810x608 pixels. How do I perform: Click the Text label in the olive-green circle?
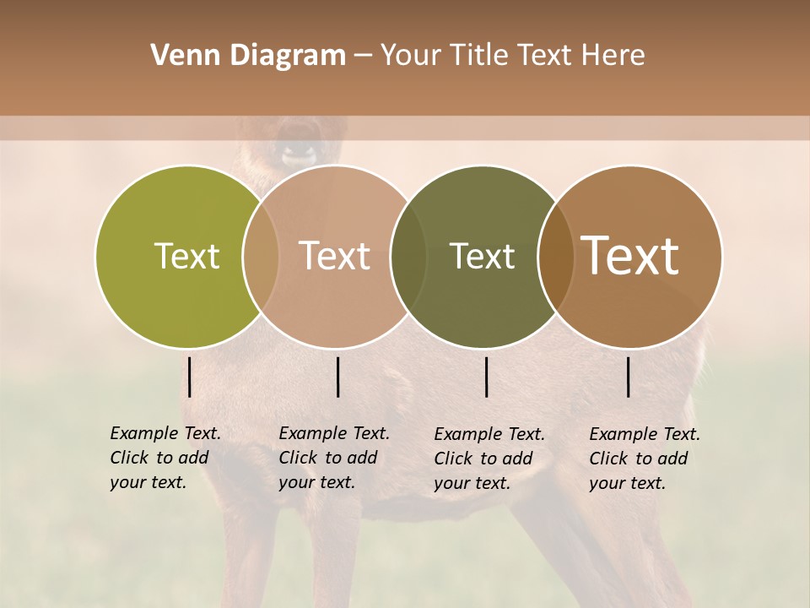[x=186, y=256]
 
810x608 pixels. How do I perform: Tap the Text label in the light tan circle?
[x=335, y=256]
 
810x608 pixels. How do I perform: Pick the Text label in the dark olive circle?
[x=482, y=256]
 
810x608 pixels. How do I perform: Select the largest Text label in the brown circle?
[x=630, y=256]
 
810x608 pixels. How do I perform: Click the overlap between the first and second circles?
[x=260, y=256]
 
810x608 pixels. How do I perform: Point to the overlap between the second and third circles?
[x=408, y=256]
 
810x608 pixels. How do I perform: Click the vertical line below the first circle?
[x=190, y=377]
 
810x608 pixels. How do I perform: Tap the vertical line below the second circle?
[x=338, y=377]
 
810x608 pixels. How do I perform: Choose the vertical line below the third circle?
[x=487, y=377]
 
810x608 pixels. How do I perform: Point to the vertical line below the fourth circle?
[x=629, y=377]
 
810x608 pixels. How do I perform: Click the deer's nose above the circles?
[x=299, y=155]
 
